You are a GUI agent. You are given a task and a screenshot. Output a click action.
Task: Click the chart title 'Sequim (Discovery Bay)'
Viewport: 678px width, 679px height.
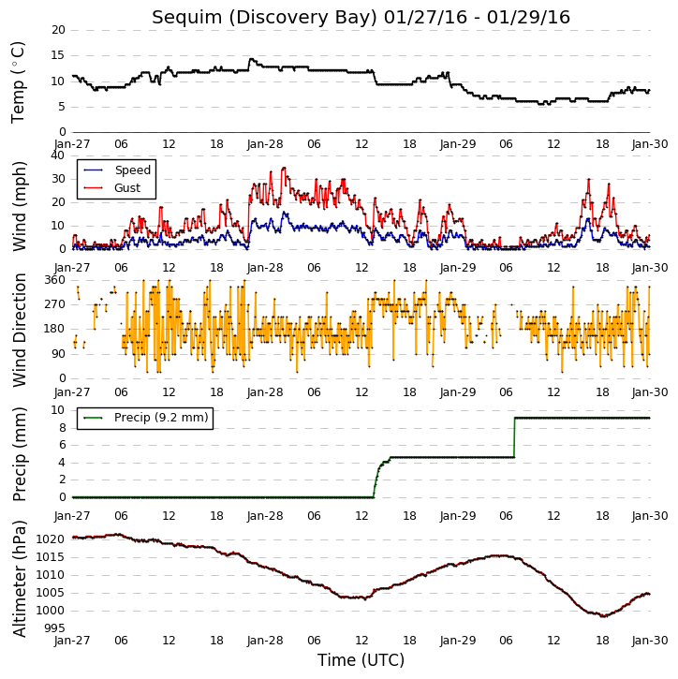[x=264, y=18]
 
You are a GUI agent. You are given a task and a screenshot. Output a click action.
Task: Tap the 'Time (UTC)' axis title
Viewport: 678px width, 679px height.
[x=361, y=660]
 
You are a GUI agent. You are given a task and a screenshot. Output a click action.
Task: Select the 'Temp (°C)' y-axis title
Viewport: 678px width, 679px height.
[x=18, y=82]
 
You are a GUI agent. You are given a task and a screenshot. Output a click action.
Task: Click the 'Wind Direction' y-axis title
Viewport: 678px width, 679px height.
[x=20, y=330]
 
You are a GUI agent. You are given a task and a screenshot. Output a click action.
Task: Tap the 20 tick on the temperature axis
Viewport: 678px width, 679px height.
[x=58, y=30]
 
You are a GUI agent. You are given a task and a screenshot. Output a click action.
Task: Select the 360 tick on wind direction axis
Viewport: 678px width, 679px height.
[x=55, y=280]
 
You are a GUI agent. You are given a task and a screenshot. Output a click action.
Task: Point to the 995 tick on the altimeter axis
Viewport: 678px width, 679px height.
[x=55, y=628]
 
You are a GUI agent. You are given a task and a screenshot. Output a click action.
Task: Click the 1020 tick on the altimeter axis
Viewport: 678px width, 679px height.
[x=52, y=539]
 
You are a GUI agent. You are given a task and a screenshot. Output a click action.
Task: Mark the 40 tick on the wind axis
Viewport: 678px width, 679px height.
[x=58, y=155]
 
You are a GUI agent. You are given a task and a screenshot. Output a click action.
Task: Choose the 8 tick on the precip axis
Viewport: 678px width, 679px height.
[x=62, y=428]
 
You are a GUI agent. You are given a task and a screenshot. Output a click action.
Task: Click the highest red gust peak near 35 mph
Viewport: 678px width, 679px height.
[x=284, y=168]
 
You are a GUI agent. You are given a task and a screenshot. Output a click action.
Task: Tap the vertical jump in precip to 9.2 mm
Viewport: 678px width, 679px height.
[x=514, y=437]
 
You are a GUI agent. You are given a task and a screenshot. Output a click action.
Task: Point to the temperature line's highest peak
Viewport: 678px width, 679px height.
[x=251, y=59]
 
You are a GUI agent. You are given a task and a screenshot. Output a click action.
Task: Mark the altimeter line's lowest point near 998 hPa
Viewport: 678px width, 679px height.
[x=603, y=615]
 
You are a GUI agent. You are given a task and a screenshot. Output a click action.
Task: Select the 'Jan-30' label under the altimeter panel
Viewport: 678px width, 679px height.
[x=649, y=641]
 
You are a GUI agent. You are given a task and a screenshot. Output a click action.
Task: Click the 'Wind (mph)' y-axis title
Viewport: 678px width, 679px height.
[x=20, y=207]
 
